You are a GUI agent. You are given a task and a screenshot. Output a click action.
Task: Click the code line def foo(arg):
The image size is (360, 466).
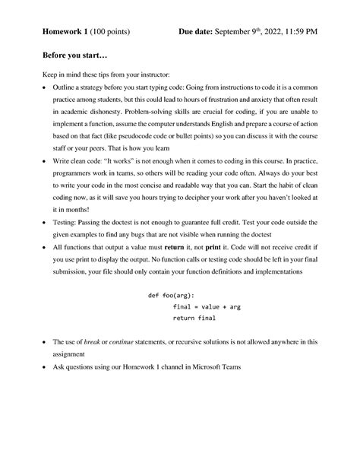[x=171, y=295]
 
